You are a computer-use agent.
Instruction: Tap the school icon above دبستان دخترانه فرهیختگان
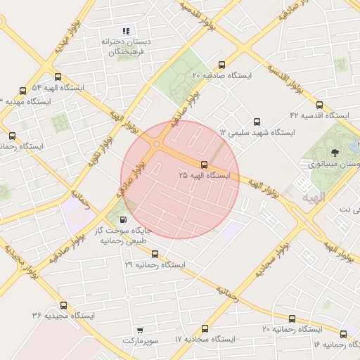point(127,31)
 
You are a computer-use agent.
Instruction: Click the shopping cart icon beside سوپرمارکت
point(140,330)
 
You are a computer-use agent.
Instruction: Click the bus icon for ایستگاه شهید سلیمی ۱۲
point(257,122)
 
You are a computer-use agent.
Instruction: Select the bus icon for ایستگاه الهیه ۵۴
point(57,78)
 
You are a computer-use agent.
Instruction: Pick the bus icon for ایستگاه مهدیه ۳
point(23,91)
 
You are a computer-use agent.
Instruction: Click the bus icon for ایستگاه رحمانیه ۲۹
point(155,255)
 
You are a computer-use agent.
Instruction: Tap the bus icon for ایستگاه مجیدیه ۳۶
point(64,305)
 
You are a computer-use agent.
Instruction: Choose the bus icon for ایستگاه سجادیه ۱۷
point(205,328)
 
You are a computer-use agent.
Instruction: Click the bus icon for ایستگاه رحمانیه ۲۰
point(292,319)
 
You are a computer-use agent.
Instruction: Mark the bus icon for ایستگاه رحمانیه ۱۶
point(343,334)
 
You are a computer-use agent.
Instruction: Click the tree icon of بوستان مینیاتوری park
point(334,150)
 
